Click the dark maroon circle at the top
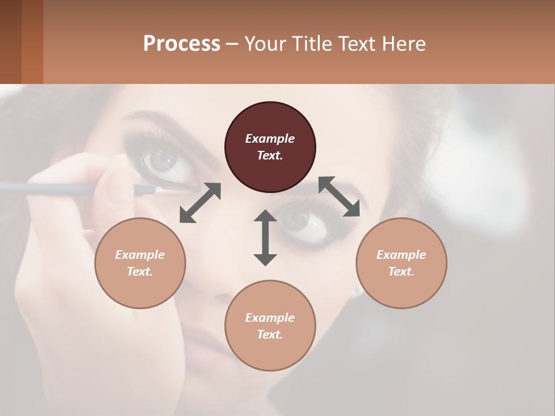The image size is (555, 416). tap(270, 147)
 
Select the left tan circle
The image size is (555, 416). tap(140, 263)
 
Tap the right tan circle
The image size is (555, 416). tap(401, 263)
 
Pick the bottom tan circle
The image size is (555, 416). tap(270, 326)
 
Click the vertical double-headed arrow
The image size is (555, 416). tap(265, 237)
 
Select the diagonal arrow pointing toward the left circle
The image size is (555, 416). tap(200, 203)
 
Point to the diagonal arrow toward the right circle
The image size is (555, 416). tap(339, 196)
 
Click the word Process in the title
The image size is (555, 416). tap(182, 43)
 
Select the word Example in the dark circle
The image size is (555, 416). tap(270, 139)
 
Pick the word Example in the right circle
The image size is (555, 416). tap(401, 255)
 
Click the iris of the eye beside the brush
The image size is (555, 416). tap(164, 158)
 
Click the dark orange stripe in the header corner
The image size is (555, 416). tap(32, 42)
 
